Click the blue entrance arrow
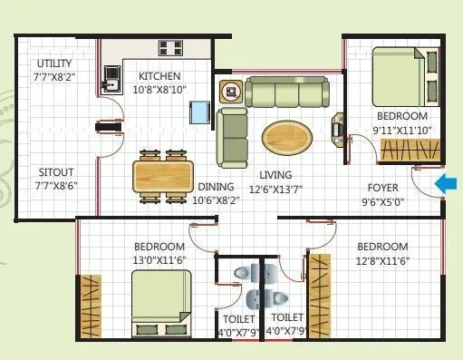(446, 185)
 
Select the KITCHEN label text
(159, 76)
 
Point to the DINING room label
(216, 188)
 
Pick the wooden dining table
(164, 173)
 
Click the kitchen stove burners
(171, 49)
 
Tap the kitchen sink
(112, 80)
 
